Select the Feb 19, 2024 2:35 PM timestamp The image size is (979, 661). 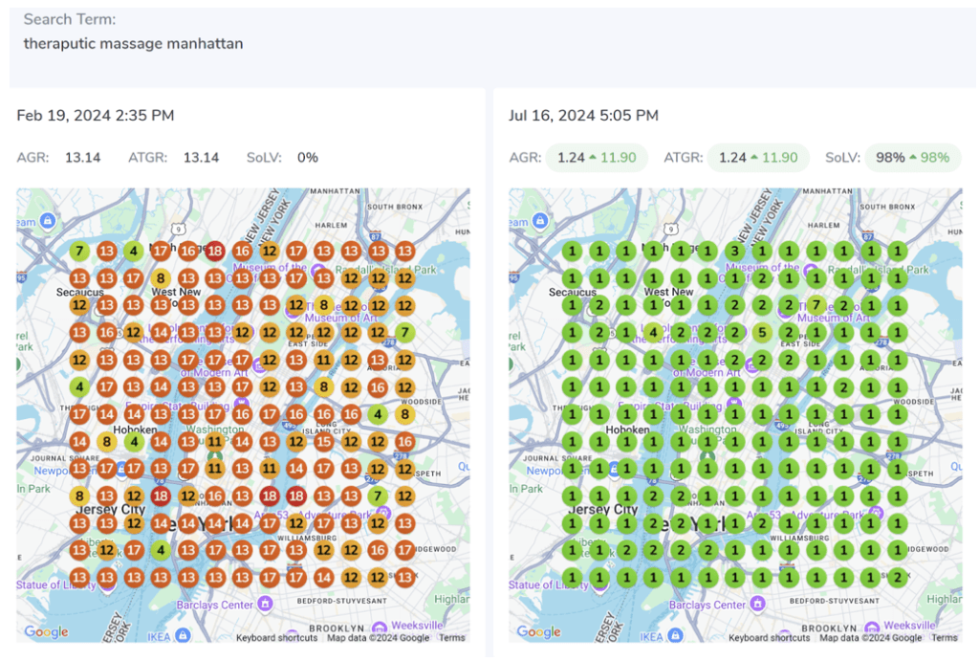click(x=96, y=116)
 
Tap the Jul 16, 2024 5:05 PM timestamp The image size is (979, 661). click(x=583, y=116)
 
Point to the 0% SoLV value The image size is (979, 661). click(x=307, y=158)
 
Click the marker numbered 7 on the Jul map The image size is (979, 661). click(x=816, y=306)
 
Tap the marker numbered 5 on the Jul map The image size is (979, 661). click(x=761, y=333)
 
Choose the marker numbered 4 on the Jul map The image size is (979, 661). click(x=653, y=333)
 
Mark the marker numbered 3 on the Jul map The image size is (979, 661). click(x=734, y=252)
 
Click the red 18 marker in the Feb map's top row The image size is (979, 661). click(x=215, y=252)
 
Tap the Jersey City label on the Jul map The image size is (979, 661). click(x=601, y=510)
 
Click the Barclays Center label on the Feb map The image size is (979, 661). click(x=223, y=605)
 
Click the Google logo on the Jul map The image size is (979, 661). click(x=538, y=631)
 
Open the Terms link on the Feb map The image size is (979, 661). click(x=451, y=638)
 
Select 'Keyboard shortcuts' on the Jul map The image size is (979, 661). click(x=769, y=638)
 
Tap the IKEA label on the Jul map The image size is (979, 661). click(x=650, y=636)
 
